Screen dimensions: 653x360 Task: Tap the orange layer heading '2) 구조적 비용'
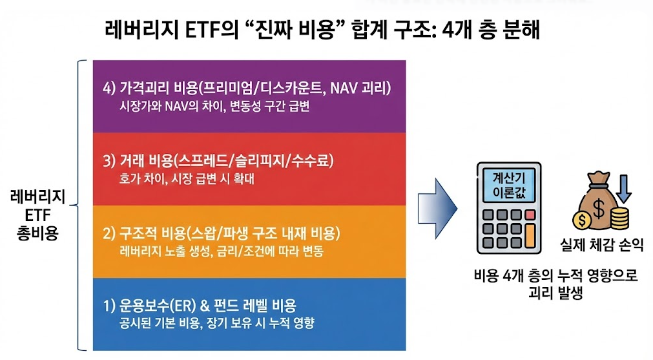click(x=144, y=233)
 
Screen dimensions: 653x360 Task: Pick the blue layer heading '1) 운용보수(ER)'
click(x=149, y=306)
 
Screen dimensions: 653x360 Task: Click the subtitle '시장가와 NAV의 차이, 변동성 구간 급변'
click(x=214, y=106)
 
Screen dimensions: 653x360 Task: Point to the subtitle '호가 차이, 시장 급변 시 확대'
click(x=187, y=179)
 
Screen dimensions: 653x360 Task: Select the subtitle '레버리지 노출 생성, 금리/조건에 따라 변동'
click(x=221, y=251)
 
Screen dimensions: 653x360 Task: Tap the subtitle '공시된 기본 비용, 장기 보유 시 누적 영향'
click(x=216, y=323)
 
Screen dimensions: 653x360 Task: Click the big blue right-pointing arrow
click(x=438, y=208)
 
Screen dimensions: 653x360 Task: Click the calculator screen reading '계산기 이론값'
click(x=509, y=185)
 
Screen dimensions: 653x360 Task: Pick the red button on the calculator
click(x=530, y=215)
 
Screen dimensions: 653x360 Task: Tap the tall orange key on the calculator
click(x=530, y=236)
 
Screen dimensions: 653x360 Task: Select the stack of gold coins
click(x=619, y=218)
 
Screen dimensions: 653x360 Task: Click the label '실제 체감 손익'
click(x=602, y=244)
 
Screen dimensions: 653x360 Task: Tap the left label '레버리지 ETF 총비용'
click(x=38, y=215)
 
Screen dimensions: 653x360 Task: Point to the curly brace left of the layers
click(x=79, y=205)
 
